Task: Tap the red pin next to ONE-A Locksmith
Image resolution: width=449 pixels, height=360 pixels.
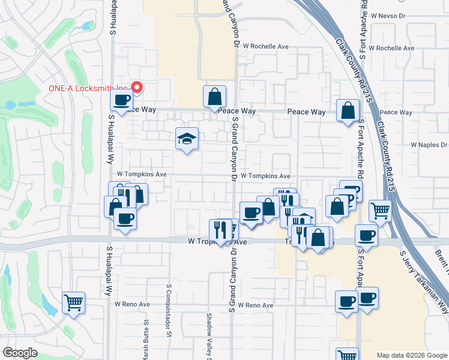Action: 136,88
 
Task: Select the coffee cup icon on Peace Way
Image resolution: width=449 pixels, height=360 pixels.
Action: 122,100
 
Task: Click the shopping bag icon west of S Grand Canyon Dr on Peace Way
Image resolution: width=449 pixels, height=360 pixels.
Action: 215,97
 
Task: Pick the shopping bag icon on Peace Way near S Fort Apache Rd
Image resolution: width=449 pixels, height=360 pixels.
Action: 348,111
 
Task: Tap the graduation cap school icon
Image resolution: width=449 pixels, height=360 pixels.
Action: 187,139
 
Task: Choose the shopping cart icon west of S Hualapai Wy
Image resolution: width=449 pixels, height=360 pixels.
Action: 73,303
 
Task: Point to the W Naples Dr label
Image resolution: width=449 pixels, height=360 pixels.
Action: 429,145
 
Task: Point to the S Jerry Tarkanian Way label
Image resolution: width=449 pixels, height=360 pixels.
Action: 424,282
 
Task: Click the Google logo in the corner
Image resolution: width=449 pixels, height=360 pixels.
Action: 20,353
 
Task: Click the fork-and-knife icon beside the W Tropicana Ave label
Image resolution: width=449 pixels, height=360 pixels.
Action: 220,229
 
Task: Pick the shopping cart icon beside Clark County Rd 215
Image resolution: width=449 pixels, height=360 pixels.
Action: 380,211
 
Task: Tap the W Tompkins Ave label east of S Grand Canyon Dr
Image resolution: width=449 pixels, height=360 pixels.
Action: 265,176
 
